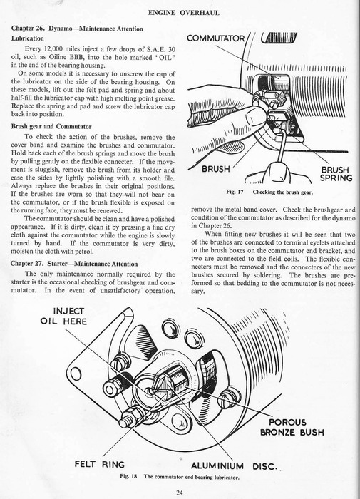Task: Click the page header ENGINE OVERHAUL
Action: click(x=184, y=13)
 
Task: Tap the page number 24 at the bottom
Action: click(x=179, y=493)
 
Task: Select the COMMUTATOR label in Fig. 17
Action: click(x=216, y=38)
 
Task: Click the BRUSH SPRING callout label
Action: click(x=336, y=174)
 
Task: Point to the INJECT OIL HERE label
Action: click(x=63, y=316)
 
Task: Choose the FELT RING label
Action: click(x=100, y=464)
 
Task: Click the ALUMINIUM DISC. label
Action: click(x=234, y=466)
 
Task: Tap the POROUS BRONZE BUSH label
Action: click(x=292, y=427)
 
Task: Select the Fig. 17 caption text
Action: click(x=269, y=192)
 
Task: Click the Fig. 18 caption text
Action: click(x=179, y=477)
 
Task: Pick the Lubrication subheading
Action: click(x=28, y=38)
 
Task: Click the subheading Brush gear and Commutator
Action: click(x=51, y=126)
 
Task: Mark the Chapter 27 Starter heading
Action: click(x=74, y=264)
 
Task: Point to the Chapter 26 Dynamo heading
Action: click(x=77, y=29)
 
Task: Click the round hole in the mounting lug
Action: click(x=76, y=374)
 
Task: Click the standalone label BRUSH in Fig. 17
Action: click(x=216, y=169)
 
